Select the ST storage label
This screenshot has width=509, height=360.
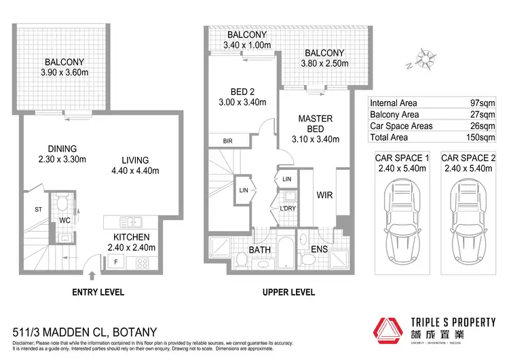point(38,210)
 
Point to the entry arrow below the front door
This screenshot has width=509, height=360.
point(93,274)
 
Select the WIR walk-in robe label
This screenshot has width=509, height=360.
point(324,194)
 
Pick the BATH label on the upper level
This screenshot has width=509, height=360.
point(261,250)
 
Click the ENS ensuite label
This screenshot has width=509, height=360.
point(320,250)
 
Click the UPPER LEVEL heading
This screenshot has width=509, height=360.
point(288,292)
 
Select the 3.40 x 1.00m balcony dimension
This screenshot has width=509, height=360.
point(238,46)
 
